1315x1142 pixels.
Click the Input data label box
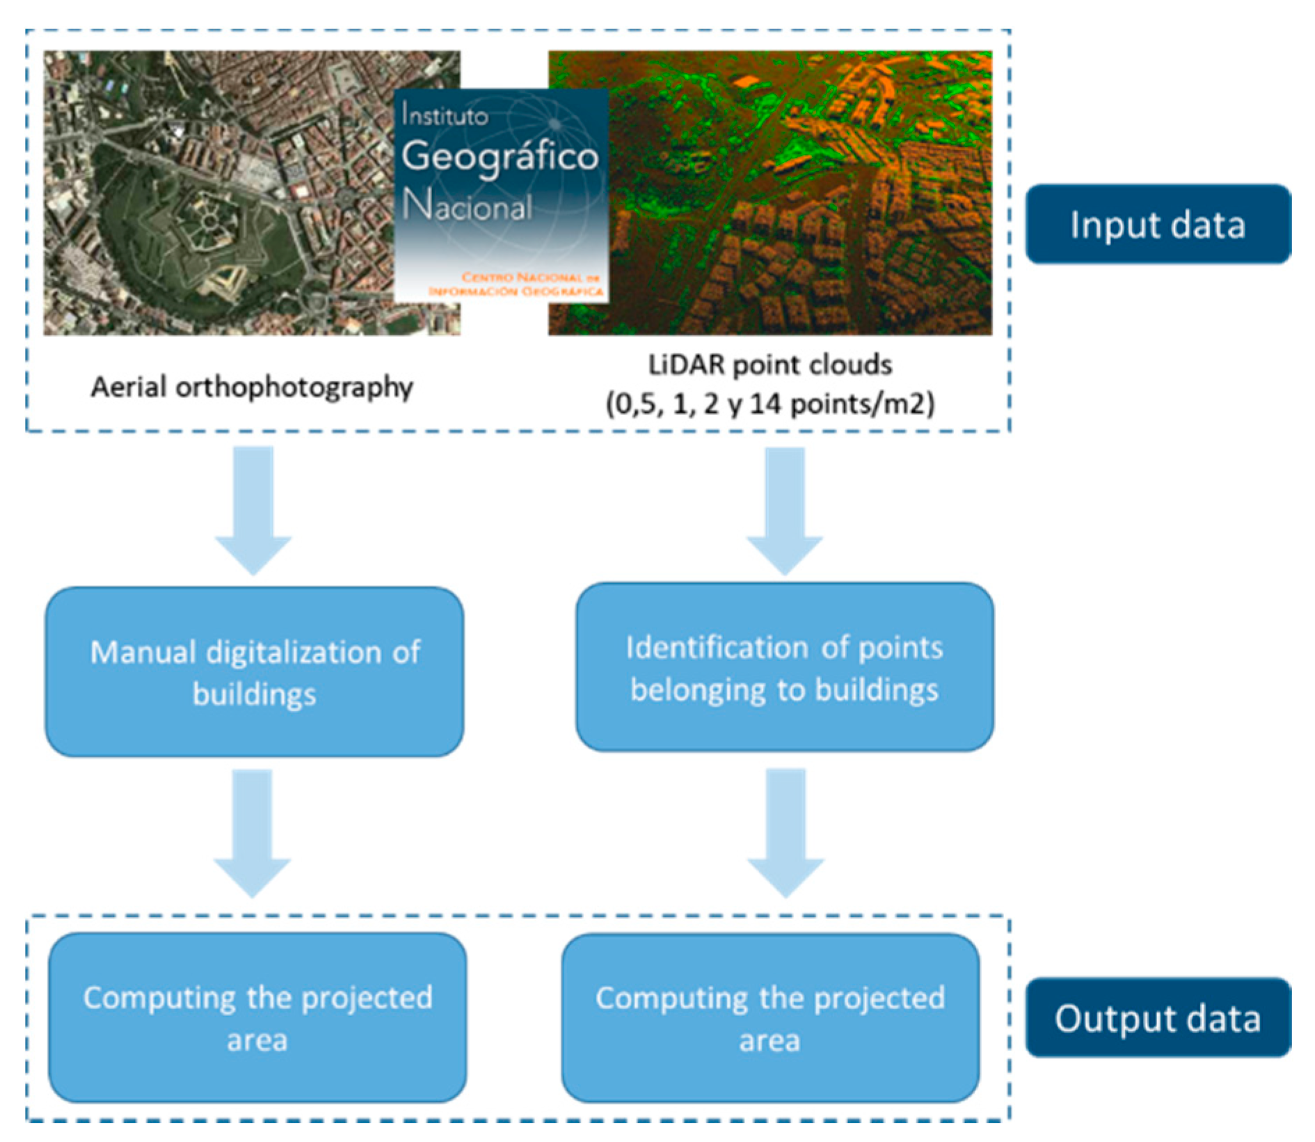point(1157,224)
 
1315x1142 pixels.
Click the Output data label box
point(1157,1017)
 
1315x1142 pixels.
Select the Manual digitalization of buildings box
point(255,672)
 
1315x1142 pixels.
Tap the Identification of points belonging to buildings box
point(784,667)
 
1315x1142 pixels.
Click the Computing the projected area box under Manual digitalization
point(257,1017)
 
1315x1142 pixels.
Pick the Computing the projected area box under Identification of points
point(770,1017)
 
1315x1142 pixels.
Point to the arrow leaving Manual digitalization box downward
point(252,832)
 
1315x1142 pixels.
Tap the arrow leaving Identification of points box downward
point(786,832)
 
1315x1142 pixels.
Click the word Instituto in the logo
point(445,116)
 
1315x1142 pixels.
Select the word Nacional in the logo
point(468,207)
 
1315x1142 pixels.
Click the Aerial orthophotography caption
point(252,387)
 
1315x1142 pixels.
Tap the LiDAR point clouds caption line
point(770,365)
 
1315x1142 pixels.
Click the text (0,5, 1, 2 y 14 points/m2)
point(770,404)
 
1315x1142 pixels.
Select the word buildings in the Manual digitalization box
point(255,694)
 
